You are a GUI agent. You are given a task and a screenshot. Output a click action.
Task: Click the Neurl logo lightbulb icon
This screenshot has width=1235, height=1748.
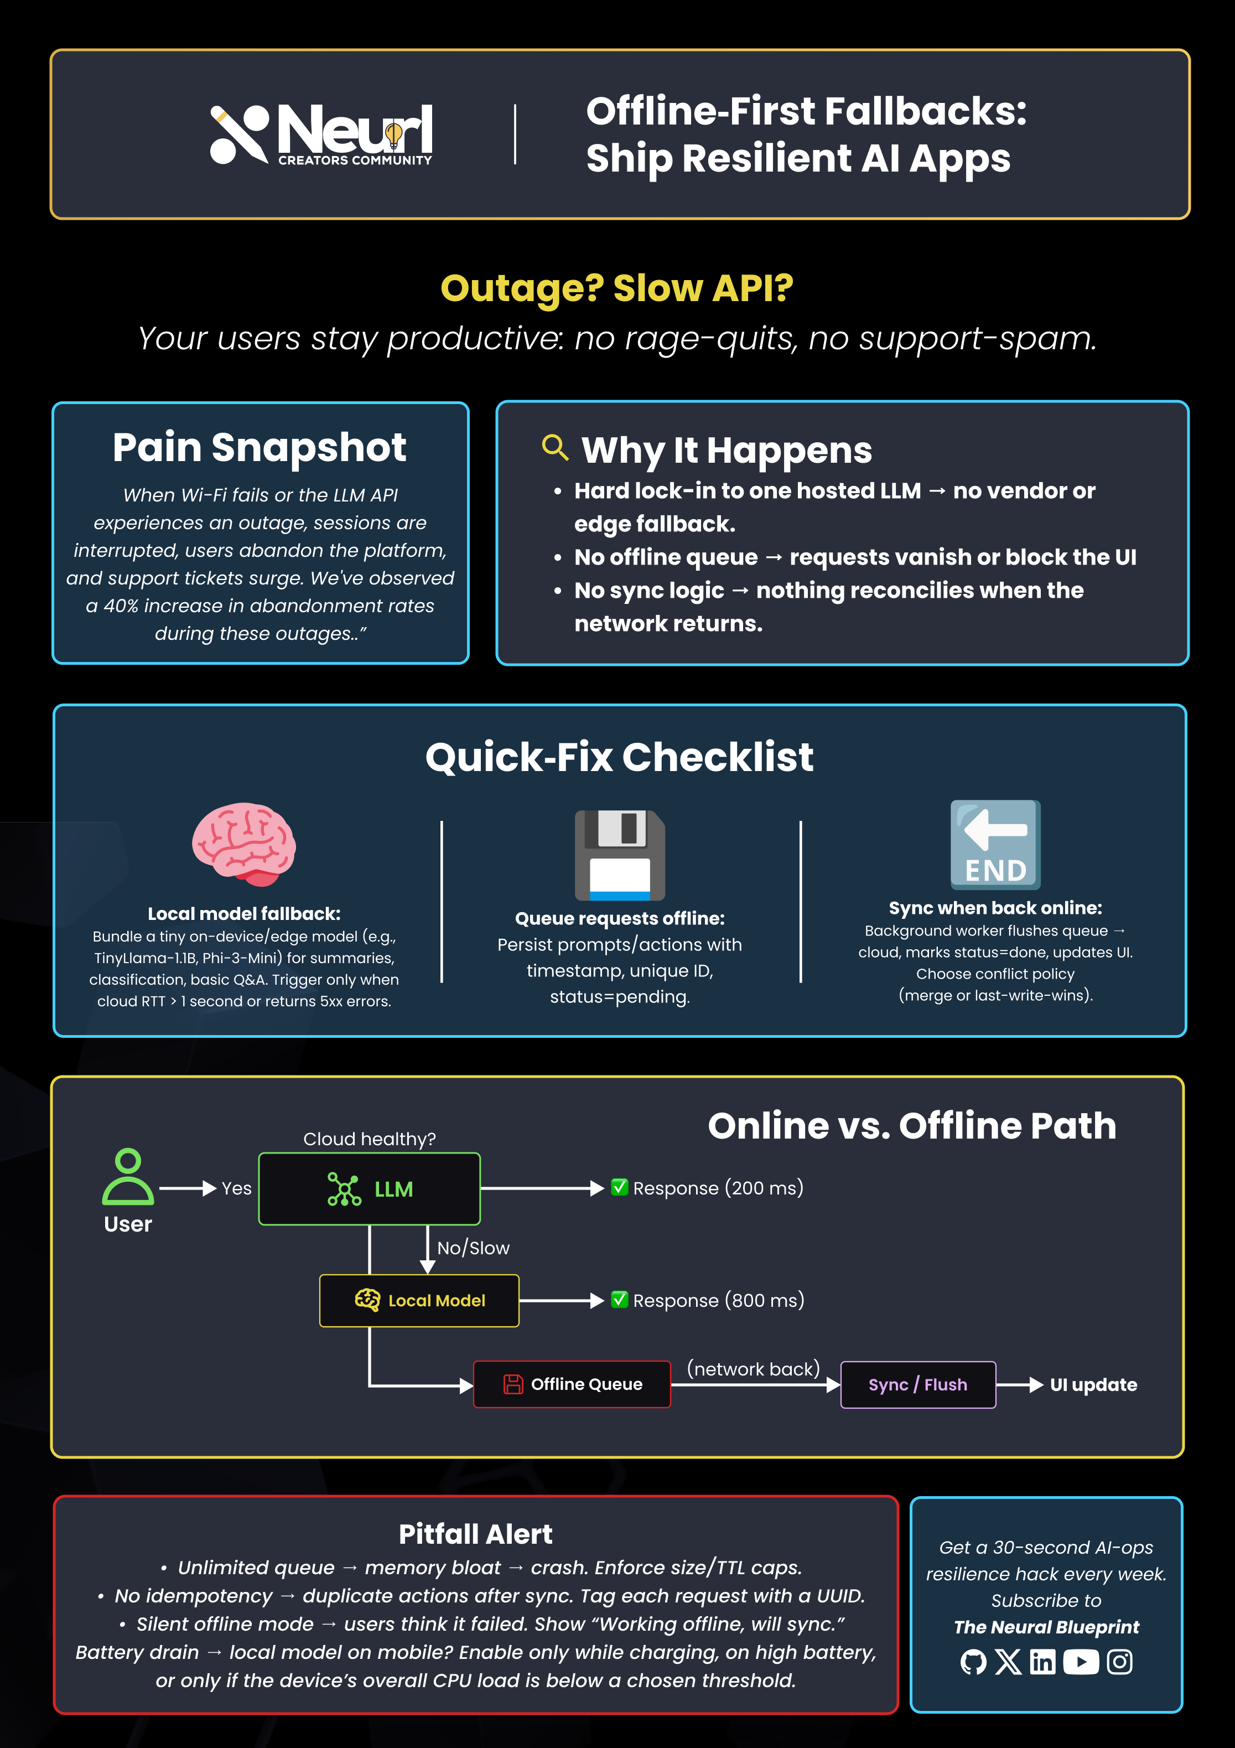393,135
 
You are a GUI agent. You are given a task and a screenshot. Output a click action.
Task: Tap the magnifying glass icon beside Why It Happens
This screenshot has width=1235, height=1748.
555,448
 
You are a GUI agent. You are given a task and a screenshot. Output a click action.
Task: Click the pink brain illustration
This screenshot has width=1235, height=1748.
243,844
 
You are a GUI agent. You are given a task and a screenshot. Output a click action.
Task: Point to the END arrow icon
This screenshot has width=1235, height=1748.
995,844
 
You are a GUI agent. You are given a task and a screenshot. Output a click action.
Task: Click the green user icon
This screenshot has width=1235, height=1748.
128,1176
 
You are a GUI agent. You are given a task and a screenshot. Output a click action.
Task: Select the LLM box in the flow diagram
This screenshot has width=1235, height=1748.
369,1188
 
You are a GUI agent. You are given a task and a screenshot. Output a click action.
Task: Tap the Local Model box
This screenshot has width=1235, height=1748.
419,1300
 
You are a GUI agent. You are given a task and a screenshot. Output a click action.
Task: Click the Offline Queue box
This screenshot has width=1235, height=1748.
572,1384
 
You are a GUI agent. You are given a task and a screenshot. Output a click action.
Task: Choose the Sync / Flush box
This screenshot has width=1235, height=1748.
918,1384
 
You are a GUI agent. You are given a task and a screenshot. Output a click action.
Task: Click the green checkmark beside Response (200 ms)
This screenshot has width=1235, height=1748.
619,1187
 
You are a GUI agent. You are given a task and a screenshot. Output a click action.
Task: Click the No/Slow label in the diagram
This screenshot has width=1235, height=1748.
473,1248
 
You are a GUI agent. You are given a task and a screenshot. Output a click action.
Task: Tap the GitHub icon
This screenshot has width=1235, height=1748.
973,1662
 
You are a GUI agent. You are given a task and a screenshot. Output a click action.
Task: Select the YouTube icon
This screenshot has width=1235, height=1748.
1081,1662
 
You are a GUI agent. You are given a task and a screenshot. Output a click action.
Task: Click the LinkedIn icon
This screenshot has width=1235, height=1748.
1042,1662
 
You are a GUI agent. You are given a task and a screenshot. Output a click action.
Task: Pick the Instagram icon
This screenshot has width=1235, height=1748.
1119,1662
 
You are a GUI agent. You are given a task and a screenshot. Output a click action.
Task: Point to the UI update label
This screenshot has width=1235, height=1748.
1093,1385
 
